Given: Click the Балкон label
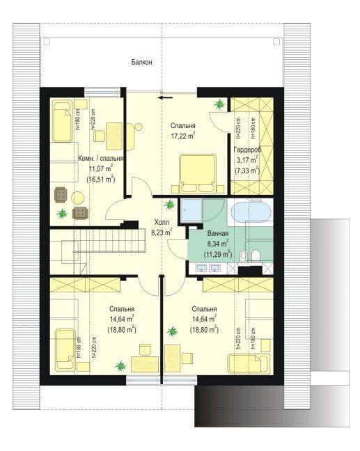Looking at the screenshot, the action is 141,62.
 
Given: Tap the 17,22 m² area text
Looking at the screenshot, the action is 183,136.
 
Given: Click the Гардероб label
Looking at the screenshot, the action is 247,150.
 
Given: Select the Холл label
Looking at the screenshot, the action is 162,222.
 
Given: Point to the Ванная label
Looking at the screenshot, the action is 218,234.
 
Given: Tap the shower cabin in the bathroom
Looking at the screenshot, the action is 191,210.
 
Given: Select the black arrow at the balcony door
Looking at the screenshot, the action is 165,97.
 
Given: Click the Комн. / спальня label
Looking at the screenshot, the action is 101,159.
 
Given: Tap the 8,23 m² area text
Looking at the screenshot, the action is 162,232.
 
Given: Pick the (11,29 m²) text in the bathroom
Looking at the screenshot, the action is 218,254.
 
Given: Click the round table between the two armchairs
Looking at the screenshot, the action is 78,198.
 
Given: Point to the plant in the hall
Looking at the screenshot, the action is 169,205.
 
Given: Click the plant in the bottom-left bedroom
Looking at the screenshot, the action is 120,366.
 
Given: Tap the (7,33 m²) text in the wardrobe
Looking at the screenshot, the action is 247,171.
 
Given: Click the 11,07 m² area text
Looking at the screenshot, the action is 101,169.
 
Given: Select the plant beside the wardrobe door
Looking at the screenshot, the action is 219,104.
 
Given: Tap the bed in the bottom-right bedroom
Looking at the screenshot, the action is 249,363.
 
